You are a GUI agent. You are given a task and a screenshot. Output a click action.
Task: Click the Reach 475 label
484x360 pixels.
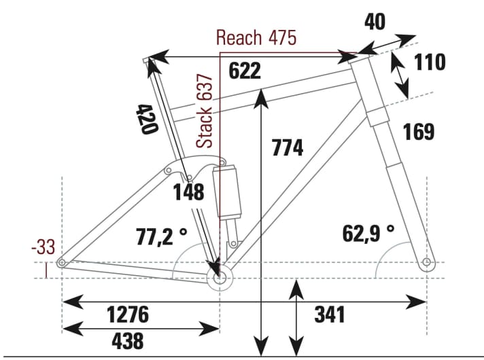pyautogui.click(x=256, y=37)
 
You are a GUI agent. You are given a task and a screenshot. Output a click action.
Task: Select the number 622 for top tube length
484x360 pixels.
pyautogui.click(x=245, y=70)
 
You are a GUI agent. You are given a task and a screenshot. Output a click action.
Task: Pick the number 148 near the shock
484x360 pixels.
pyautogui.click(x=188, y=192)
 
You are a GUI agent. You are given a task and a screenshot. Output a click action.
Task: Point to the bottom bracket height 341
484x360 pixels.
pyautogui.click(x=330, y=314)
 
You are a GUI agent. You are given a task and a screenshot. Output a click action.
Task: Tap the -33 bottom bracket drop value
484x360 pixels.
pyautogui.click(x=44, y=248)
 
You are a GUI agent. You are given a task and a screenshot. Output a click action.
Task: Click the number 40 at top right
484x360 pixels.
pyautogui.click(x=375, y=22)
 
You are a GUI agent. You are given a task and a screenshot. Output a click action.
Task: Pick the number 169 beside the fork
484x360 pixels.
pyautogui.click(x=418, y=131)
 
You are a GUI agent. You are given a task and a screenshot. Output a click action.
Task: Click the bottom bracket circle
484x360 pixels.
pyautogui.click(x=219, y=278)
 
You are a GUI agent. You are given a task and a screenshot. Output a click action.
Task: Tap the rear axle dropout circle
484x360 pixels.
pyautogui.click(x=62, y=263)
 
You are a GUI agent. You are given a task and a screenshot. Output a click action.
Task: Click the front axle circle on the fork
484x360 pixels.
pyautogui.click(x=426, y=262)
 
